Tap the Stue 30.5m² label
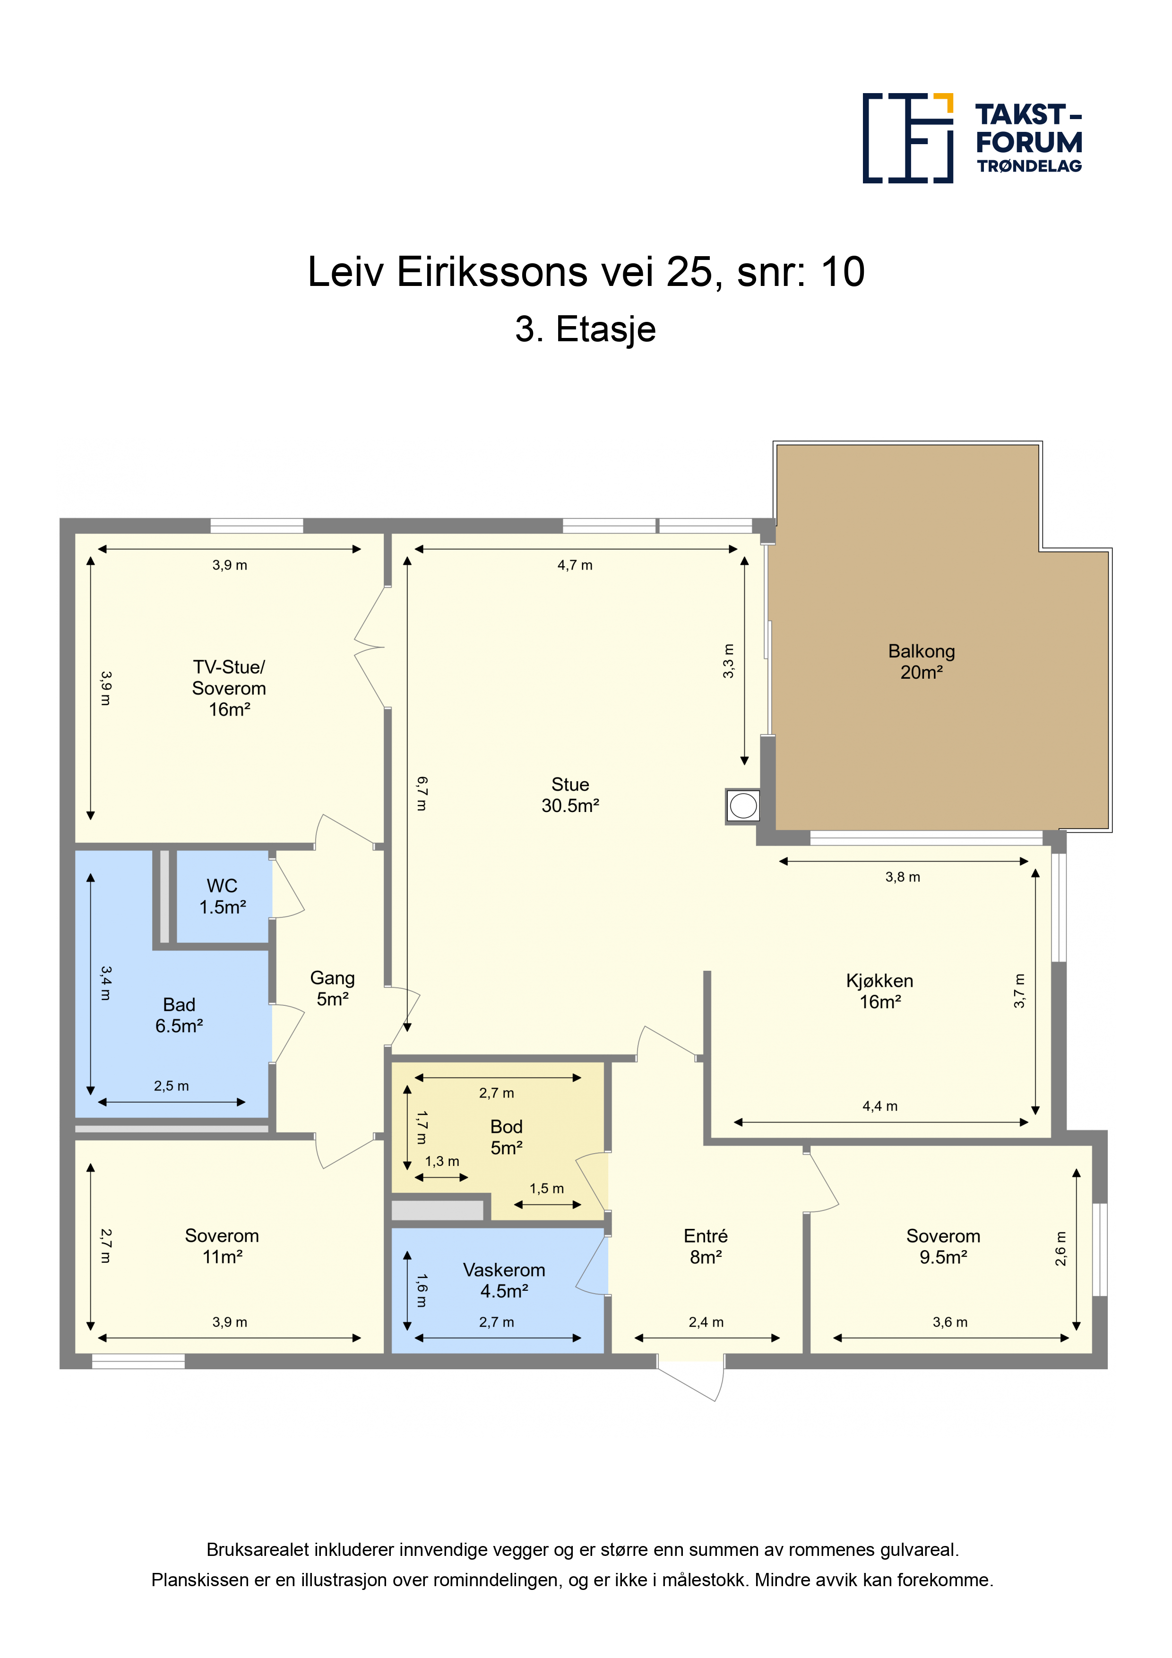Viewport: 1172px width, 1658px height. click(x=570, y=795)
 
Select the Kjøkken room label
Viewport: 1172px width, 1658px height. click(x=879, y=991)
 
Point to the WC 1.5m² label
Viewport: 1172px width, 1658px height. click(x=223, y=896)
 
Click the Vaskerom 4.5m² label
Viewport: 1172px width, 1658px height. click(x=504, y=1280)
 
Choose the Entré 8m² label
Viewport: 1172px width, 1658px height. click(x=706, y=1246)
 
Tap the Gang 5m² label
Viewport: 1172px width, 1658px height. click(x=332, y=988)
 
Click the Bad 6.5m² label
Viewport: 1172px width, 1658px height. click(x=179, y=1015)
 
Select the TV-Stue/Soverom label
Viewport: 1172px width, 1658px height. click(x=229, y=688)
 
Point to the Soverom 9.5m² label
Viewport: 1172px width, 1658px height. click(x=943, y=1246)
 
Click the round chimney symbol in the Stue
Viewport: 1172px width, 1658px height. click(x=743, y=805)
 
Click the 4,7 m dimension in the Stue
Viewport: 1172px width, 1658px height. click(x=575, y=565)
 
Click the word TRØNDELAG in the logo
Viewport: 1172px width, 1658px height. click(x=1029, y=166)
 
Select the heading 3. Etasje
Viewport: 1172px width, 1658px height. click(x=586, y=330)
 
